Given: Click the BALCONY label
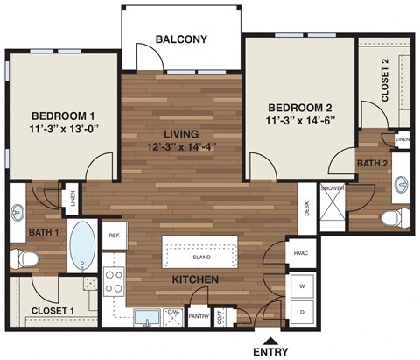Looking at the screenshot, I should (x=181, y=39).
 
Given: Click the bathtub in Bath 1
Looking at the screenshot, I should (x=85, y=246).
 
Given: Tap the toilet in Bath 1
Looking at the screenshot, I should (x=23, y=259).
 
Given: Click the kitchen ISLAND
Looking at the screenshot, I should (x=200, y=258).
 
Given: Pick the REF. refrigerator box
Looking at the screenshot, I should (x=115, y=236).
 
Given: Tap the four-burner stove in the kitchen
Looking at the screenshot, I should (x=115, y=280).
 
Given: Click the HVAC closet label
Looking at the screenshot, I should (x=299, y=252).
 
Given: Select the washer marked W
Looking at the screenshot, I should (x=303, y=286).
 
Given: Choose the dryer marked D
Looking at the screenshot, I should (x=303, y=311).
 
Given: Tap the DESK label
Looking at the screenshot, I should (x=306, y=208).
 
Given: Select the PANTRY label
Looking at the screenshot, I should (x=199, y=318).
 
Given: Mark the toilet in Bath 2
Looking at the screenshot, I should (x=393, y=215).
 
